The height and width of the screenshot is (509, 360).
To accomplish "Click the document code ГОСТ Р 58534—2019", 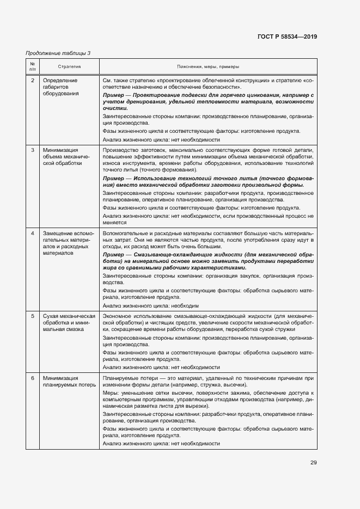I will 287,36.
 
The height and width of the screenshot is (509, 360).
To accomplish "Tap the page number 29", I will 313,463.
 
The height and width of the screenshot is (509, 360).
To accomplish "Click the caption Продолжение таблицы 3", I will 58,53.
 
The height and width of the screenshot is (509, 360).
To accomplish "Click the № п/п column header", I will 32,66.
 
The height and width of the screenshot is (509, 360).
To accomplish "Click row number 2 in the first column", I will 32,81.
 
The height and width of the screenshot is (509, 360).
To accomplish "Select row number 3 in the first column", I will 32,150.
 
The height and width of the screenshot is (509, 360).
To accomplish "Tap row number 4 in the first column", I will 32,234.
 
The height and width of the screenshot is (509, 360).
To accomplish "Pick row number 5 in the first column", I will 32,316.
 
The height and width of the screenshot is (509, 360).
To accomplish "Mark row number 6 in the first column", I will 32,378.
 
